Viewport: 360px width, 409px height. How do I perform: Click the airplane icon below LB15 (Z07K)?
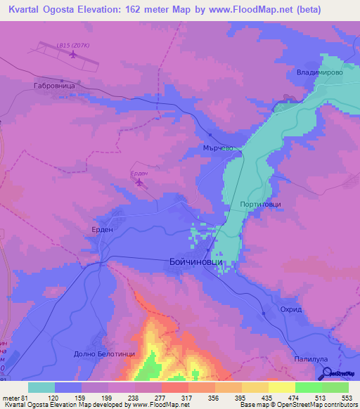(72, 56)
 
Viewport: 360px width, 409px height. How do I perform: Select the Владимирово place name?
(319, 72)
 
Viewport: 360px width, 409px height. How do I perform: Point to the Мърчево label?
(217, 148)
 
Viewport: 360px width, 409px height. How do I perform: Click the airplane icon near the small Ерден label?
(139, 183)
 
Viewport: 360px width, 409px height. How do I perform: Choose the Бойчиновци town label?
(195, 261)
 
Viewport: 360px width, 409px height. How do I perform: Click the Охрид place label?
(291, 309)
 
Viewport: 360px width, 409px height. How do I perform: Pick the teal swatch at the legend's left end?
(41, 387)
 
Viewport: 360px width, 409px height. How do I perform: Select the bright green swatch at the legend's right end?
(335, 387)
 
